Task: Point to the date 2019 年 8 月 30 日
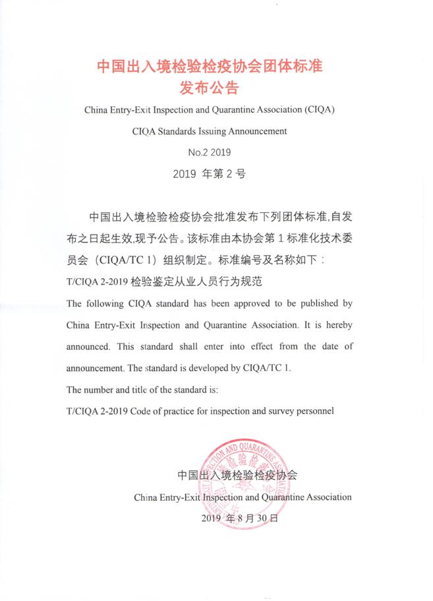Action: (x=241, y=519)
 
